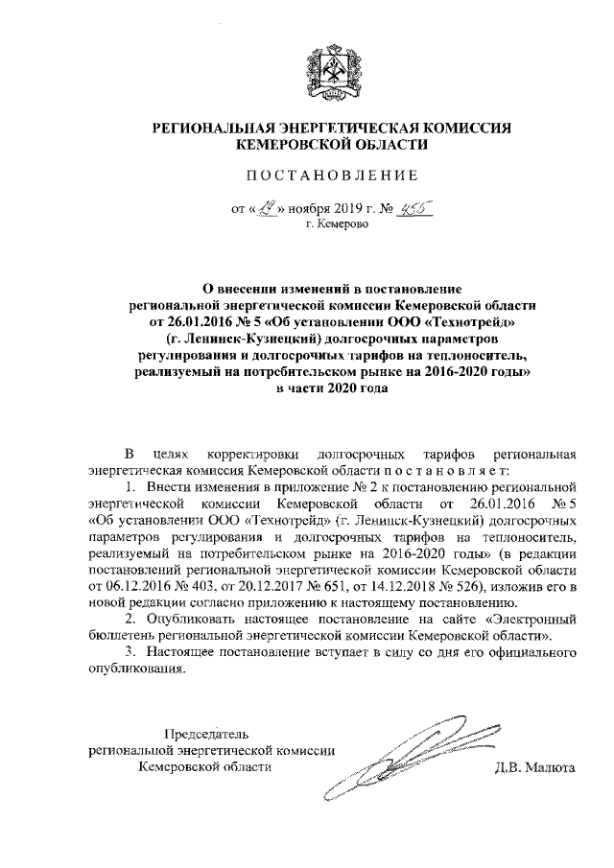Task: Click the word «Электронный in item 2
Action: [521, 621]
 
